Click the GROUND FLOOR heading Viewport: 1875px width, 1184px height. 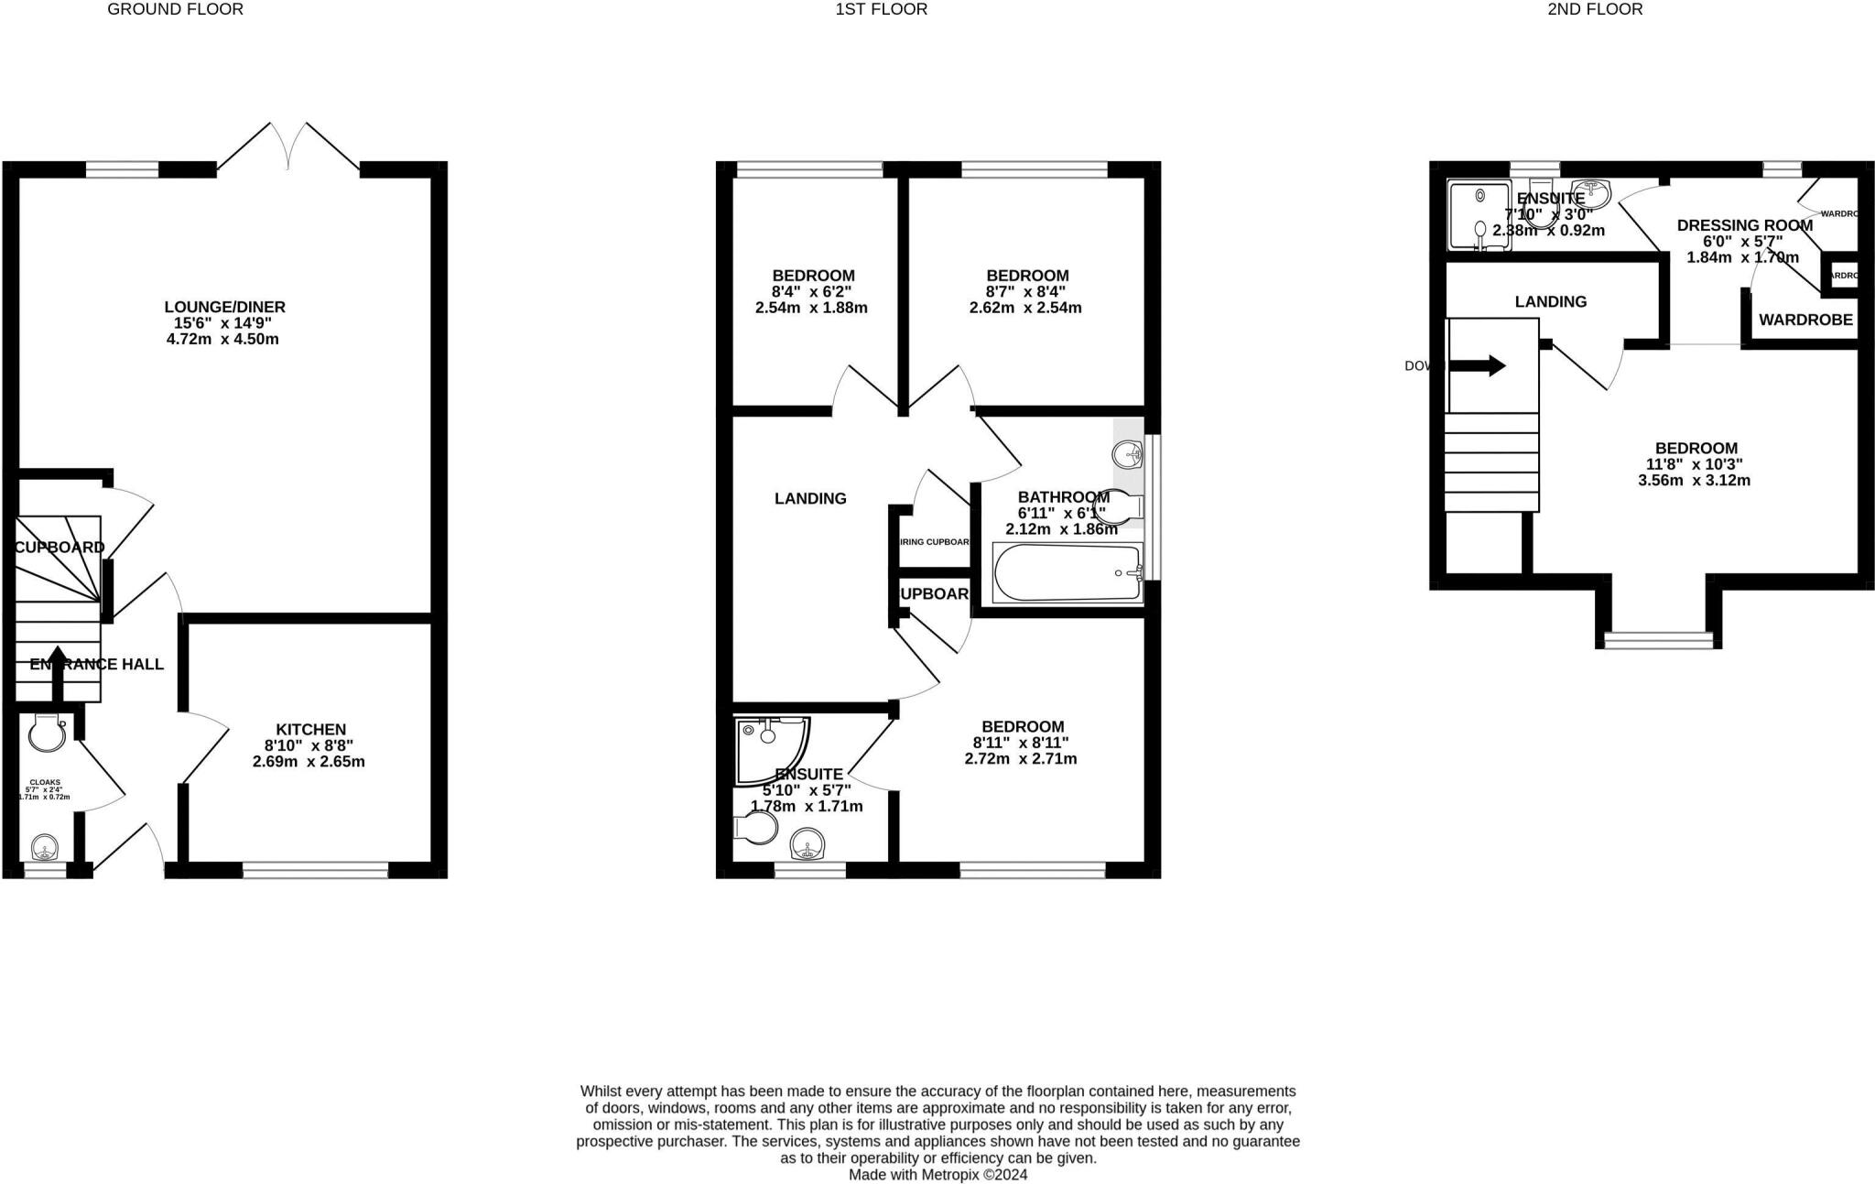coord(175,10)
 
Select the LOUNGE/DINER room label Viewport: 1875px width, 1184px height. coord(225,307)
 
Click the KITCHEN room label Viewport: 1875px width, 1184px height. coord(311,729)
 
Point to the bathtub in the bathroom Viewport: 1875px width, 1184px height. coord(1068,573)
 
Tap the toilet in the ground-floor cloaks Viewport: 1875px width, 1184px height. coord(44,732)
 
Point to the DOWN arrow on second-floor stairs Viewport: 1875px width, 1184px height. coord(1476,366)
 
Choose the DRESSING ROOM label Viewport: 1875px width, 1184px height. coord(1744,225)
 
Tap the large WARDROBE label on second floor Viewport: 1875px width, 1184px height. coord(1805,320)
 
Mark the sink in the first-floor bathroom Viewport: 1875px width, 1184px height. coord(1129,453)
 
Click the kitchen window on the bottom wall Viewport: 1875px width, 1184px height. coord(315,871)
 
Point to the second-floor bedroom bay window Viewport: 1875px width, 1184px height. coord(1658,640)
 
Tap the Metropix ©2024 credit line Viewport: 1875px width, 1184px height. coord(937,1174)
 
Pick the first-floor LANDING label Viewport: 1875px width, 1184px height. coord(810,498)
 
